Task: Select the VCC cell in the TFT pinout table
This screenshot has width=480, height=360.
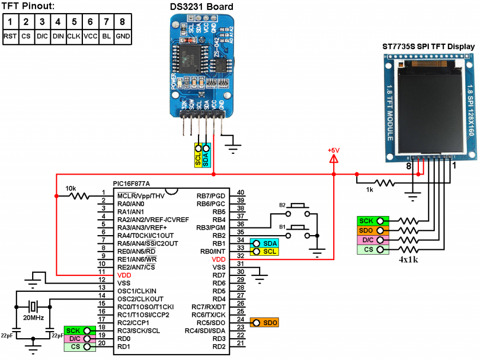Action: (x=91, y=36)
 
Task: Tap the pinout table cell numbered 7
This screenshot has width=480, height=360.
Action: (x=107, y=22)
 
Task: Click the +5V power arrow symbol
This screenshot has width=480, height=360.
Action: (x=334, y=159)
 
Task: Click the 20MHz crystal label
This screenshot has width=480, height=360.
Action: (x=33, y=317)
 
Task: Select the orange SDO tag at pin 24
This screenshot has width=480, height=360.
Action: (x=265, y=323)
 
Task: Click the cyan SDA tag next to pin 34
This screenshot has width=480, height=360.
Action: (x=265, y=243)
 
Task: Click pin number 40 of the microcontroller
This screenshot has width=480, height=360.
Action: (x=241, y=192)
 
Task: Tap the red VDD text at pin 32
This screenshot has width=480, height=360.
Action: (x=219, y=260)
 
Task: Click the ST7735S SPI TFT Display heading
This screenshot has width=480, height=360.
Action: (x=428, y=46)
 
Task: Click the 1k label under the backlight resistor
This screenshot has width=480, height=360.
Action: (x=370, y=190)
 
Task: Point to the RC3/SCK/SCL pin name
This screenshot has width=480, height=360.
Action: (x=139, y=331)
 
